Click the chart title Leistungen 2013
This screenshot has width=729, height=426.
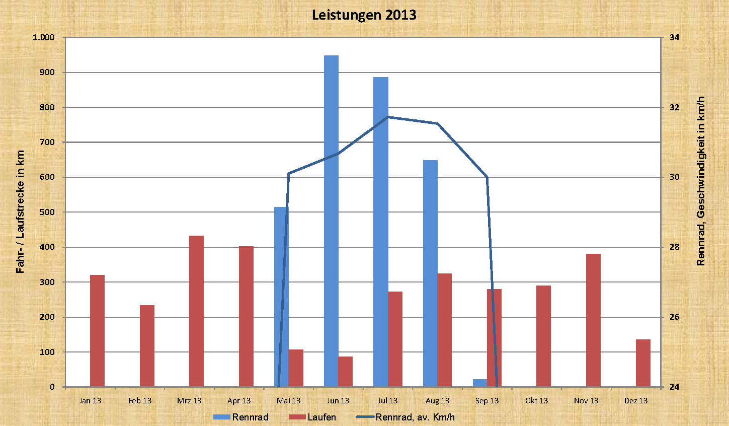(x=364, y=15)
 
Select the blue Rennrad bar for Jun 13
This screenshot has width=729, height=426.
(x=331, y=221)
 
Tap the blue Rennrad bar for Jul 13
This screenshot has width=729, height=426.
(x=381, y=232)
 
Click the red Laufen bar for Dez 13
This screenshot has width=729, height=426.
(x=643, y=363)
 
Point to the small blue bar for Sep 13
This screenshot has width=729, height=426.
(x=480, y=383)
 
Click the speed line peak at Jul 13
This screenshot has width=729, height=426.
(x=388, y=117)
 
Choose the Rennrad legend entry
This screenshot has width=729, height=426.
(x=241, y=417)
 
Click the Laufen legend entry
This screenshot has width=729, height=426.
(x=312, y=417)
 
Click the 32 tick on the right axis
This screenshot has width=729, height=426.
(x=674, y=107)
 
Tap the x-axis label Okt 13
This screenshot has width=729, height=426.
(x=536, y=401)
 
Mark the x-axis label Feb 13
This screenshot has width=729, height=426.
(x=139, y=401)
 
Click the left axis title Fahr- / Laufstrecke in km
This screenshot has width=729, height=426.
(x=20, y=212)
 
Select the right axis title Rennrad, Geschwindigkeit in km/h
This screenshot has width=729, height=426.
(x=701, y=181)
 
